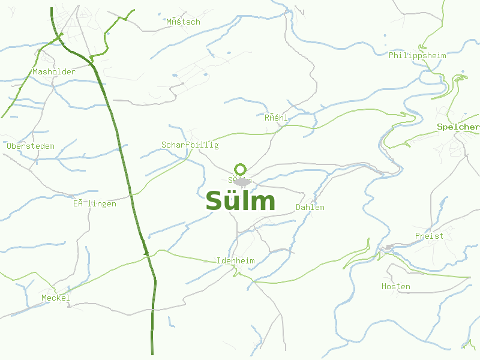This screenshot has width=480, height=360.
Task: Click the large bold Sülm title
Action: coord(240,202)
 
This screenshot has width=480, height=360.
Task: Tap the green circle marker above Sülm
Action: coord(241,169)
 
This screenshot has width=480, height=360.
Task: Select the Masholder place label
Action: coord(54,72)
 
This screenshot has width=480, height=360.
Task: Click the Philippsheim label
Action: coord(417,56)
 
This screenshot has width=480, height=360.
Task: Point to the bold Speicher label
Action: coord(458,127)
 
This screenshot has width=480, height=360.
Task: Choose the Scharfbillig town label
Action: coord(190,145)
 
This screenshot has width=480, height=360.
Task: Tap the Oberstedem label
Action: coord(30,146)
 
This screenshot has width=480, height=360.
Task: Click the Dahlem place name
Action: coord(310,208)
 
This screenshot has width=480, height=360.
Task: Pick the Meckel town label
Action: coord(56,298)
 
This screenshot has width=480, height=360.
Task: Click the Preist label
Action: coord(429,236)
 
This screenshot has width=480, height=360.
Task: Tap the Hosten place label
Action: coord(396,287)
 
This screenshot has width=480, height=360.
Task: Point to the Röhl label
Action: coord(276,118)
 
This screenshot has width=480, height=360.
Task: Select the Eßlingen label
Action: coord(95,204)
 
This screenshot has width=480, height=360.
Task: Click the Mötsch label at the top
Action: coord(183,22)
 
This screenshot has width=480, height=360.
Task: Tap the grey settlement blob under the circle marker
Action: coord(242,182)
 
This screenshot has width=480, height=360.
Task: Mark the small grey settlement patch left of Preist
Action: coord(389,247)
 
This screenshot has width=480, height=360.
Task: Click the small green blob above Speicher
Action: coord(461,77)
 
